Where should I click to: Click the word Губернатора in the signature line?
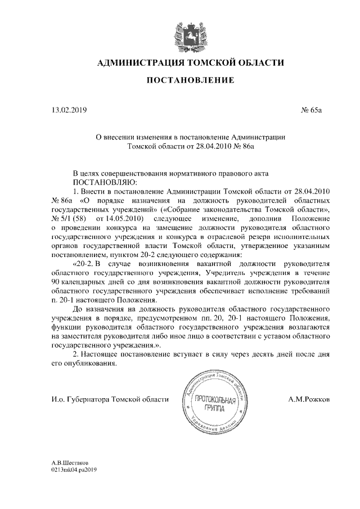89,399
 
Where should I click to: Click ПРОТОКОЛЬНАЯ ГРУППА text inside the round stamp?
210,403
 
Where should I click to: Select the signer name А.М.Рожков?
308,399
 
